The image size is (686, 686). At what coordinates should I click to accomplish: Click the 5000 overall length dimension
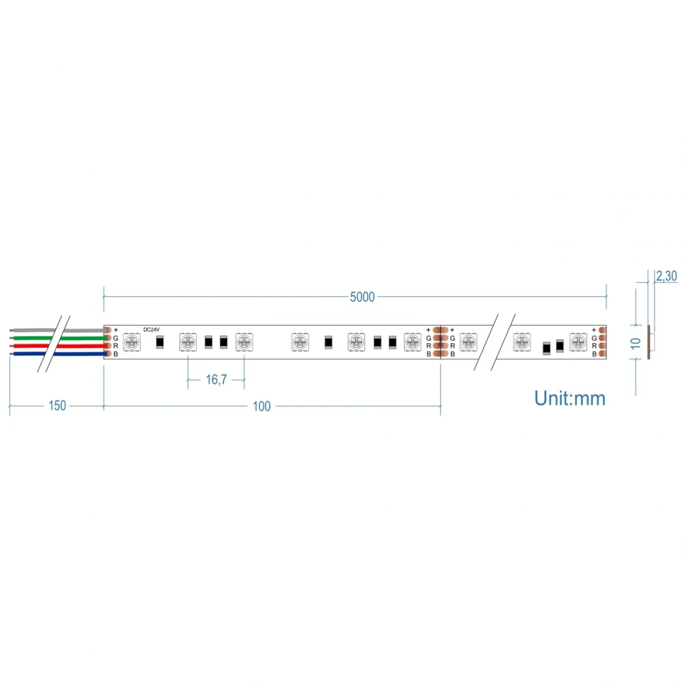coord(362,296)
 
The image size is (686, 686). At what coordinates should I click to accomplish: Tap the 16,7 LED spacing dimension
coord(216,379)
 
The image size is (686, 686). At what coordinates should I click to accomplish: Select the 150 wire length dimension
coord(57,405)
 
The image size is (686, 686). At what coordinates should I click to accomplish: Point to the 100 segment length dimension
coord(261,406)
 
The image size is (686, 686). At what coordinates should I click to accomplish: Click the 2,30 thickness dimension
coord(667,276)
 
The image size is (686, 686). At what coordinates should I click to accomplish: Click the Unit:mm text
coord(569,398)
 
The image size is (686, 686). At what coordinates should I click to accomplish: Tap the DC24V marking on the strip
coord(152,329)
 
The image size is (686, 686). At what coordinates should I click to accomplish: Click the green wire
coord(31,338)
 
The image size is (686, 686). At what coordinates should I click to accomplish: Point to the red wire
coord(31,346)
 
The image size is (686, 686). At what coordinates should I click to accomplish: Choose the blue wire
coord(31,354)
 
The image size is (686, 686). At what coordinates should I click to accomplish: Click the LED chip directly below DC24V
coord(132,341)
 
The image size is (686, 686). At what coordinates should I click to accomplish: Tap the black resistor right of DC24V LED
coord(160,342)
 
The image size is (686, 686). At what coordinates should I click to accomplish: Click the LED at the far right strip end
coord(578,341)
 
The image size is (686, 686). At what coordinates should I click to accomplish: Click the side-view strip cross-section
coord(652,341)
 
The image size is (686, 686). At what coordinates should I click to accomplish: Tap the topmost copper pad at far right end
coord(602,329)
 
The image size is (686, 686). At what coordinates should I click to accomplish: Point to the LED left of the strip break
coord(469,341)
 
